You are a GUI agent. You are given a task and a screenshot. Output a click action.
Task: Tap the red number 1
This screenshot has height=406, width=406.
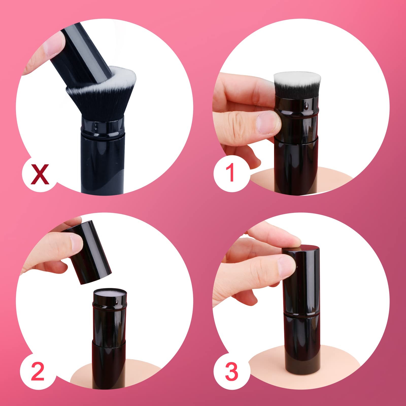230,172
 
